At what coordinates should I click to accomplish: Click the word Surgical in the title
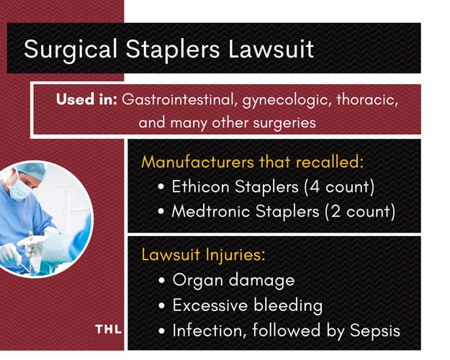point(71,50)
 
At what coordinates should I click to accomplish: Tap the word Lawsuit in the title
point(271,49)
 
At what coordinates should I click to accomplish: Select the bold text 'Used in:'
point(86,99)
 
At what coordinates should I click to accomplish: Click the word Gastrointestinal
point(180,99)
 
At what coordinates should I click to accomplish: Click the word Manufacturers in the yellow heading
point(198,161)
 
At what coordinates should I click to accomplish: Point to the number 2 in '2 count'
point(336,212)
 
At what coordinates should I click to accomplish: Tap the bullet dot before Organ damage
point(161,280)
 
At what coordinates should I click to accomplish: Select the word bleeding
point(288,305)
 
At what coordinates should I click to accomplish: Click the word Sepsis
point(375,330)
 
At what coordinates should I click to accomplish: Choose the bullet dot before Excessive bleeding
point(161,305)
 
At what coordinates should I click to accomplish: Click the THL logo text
point(108,329)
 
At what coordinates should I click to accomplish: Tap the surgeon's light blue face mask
point(19,189)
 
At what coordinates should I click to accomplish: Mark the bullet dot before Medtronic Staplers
point(161,212)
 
